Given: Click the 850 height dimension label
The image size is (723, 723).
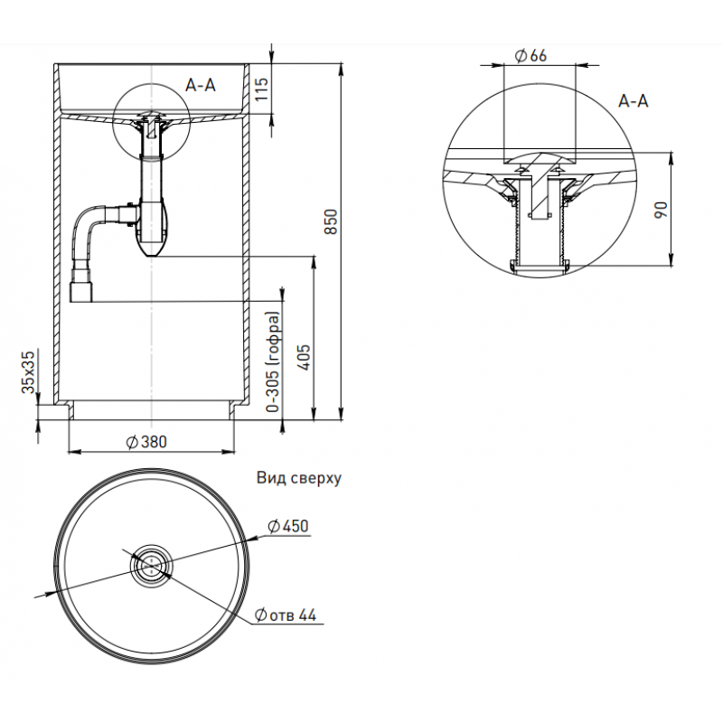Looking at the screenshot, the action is pos(332,222).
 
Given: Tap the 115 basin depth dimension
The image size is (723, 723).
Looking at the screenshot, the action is pos(261,90).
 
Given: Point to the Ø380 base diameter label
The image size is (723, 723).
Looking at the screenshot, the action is pos(146,442).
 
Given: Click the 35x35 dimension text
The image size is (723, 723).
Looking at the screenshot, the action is pos(29,372).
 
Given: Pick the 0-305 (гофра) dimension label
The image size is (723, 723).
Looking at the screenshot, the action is pos(273,362).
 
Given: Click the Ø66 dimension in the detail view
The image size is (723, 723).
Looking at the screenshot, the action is pos(531,56).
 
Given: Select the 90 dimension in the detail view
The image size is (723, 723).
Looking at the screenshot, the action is pos(662,210).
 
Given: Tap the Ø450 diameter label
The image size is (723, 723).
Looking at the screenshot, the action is pos(288,526).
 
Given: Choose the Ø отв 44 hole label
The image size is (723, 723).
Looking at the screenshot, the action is pos(286,615).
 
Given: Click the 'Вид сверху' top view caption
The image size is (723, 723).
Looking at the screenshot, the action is pos(299,478).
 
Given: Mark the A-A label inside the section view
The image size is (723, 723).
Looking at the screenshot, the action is pos(201,85).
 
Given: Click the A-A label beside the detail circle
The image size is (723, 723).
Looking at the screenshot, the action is pos(634,100).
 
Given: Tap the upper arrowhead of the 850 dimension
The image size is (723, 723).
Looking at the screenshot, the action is pos(341,69).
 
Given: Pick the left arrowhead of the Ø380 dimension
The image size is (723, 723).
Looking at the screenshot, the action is pos(74,450).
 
